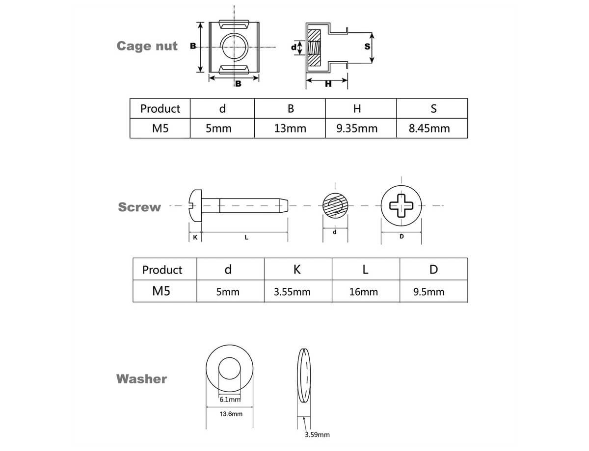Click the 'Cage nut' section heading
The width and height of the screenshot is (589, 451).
coord(147,46)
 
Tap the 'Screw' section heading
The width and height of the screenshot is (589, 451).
coord(139,207)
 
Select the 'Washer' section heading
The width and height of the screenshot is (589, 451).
coord(141,379)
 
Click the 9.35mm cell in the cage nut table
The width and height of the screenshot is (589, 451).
coord(357,128)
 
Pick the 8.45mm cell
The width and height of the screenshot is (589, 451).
coord(429,128)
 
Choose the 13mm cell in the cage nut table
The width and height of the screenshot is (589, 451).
coord(290,128)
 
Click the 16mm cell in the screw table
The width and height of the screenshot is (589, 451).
coord(363,292)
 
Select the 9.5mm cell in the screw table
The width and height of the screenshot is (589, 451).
coord(429,292)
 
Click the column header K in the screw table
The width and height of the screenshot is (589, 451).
coord(297,269)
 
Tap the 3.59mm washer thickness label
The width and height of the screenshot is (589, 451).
coord(317,435)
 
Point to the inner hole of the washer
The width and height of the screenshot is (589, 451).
coord(230,369)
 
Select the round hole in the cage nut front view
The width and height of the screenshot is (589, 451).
coord(235,47)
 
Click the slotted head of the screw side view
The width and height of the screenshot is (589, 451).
coord(195,205)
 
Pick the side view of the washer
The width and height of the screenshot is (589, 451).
coord(305,376)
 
